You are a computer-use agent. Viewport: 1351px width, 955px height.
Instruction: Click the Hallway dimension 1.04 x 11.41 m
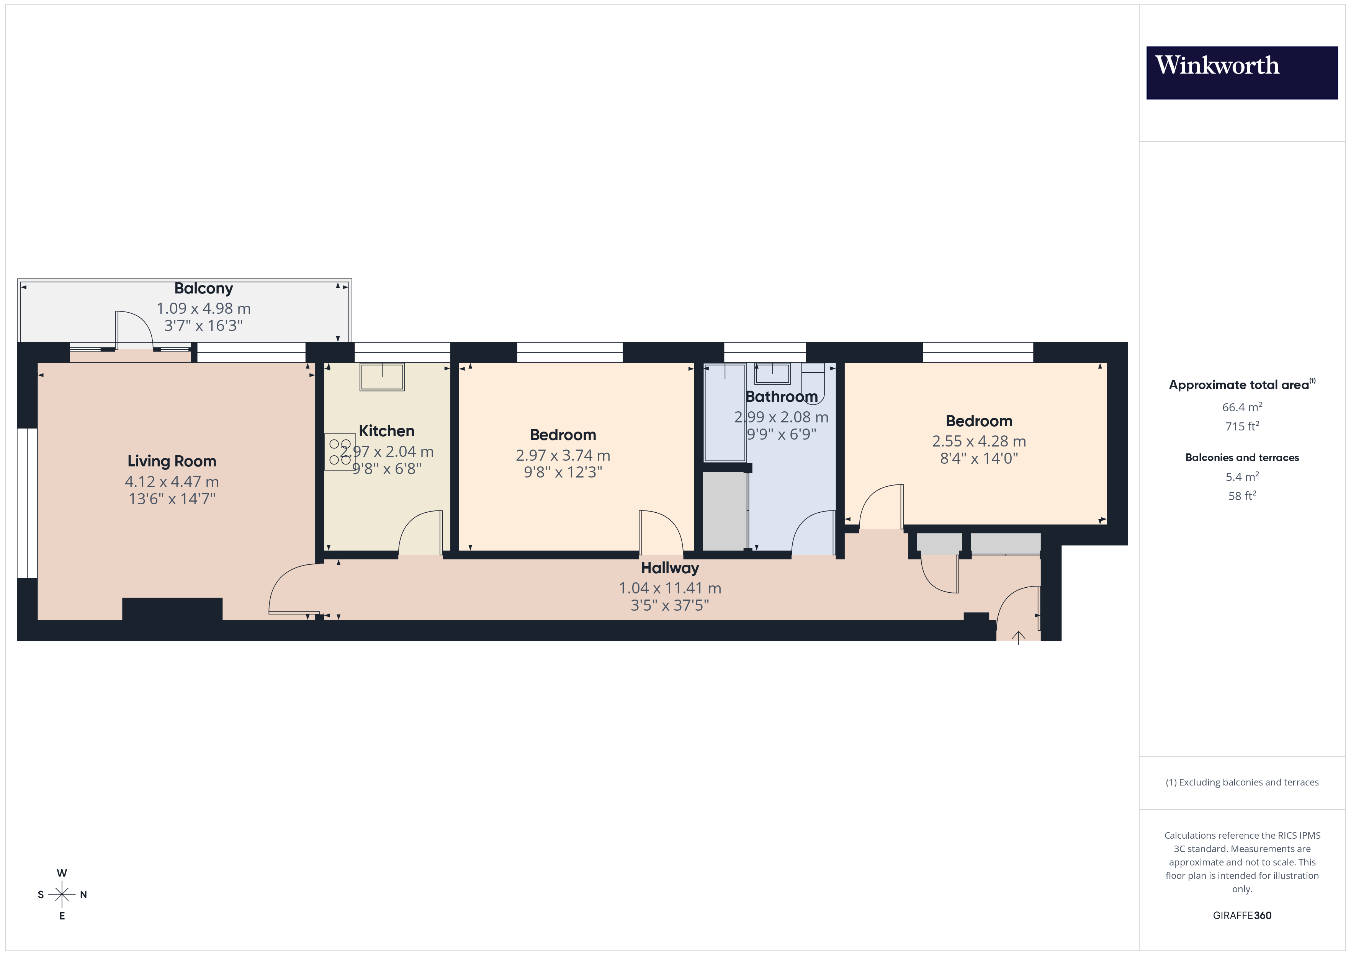point(670,588)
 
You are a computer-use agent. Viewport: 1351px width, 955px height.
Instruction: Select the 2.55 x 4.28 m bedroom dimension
point(978,441)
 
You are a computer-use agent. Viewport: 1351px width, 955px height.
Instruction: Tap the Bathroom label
point(782,397)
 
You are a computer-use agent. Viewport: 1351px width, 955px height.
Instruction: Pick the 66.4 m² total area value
point(1241,407)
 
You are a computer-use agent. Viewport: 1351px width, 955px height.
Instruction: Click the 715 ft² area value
point(1241,426)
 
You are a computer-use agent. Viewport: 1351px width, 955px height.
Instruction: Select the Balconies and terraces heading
point(1241,458)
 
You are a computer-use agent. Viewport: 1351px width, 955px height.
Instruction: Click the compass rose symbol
point(62,895)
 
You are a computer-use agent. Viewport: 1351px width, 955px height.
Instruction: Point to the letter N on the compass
point(83,895)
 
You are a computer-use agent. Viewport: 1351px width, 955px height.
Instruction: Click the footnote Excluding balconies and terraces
point(1241,782)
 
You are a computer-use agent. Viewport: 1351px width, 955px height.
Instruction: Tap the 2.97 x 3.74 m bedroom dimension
point(563,455)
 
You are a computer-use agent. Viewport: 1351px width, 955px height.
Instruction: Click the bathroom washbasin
point(772,373)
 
